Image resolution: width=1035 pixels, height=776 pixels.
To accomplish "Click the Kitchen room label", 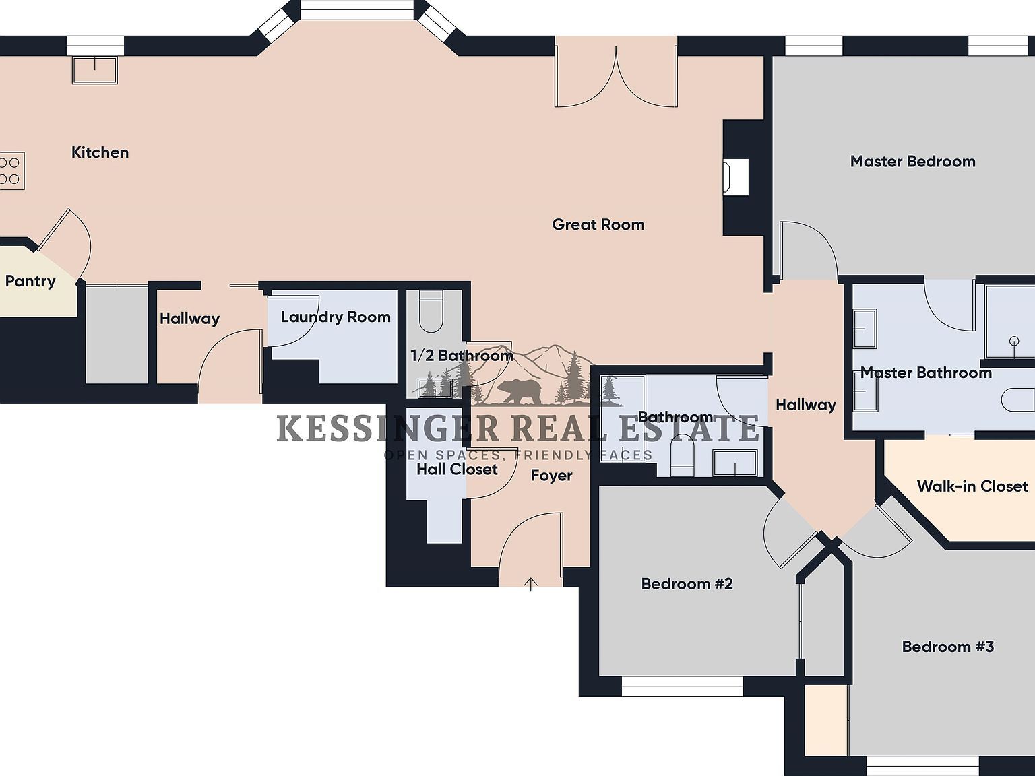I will pos(100,152).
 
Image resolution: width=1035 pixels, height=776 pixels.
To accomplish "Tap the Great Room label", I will pos(598,224).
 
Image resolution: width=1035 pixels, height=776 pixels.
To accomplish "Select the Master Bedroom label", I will pos(912,162).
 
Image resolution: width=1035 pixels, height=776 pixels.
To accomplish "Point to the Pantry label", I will pos(30,281).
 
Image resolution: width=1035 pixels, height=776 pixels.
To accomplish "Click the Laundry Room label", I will pos(335,317).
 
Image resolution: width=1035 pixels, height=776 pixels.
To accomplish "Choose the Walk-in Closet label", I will pos(972,486).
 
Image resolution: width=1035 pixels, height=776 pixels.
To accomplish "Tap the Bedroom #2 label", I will pos(687,584).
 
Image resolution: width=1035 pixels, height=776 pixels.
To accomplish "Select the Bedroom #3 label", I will pos(947,647).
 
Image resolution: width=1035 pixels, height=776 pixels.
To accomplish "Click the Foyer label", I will pos(551,476).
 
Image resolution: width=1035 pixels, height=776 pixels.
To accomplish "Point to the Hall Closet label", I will pos(457,470).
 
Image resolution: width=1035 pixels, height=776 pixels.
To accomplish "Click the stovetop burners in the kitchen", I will pos(10,170).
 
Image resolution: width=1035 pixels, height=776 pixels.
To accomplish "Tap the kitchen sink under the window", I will pos(94,69).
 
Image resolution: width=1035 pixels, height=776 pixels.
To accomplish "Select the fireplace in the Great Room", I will pos(736,177).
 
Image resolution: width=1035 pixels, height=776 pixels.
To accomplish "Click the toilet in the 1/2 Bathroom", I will pos(431,312).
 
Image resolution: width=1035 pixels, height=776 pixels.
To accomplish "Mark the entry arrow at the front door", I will pos(531,583).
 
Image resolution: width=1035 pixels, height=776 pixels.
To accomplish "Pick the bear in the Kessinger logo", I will pos(518,391).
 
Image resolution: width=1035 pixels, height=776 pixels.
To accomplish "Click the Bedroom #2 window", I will pos(681,686).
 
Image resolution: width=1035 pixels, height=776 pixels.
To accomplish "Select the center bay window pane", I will pos(356,9).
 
